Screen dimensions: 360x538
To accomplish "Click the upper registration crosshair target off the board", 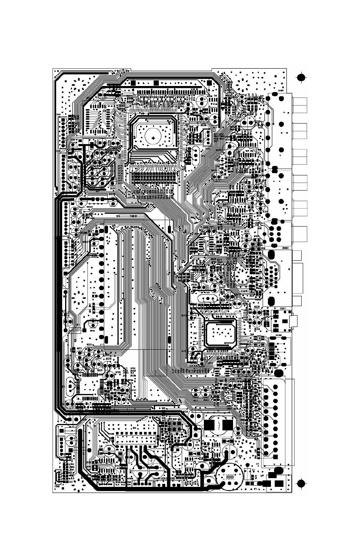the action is [301, 78].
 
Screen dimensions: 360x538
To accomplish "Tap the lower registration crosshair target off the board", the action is [301, 483].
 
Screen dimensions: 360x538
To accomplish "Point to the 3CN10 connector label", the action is [285, 249].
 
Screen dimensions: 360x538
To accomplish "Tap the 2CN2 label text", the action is [58, 486].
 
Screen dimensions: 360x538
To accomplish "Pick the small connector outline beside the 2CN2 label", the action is [58, 476].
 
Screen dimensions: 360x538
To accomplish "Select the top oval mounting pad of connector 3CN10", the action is [271, 253].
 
